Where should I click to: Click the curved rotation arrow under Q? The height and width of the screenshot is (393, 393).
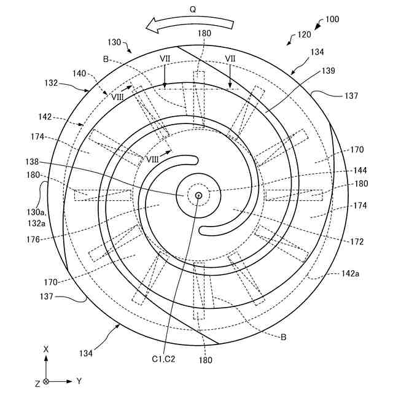(x=191, y=24)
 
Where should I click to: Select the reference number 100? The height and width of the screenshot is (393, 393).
(x=332, y=19)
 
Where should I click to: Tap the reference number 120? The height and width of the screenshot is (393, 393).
(x=304, y=35)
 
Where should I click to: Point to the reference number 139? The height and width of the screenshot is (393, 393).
(x=328, y=72)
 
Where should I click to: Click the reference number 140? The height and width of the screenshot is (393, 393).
(x=79, y=72)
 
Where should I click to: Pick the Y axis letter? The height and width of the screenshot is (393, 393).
(x=79, y=381)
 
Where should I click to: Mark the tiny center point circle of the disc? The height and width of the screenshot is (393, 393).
(x=198, y=196)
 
